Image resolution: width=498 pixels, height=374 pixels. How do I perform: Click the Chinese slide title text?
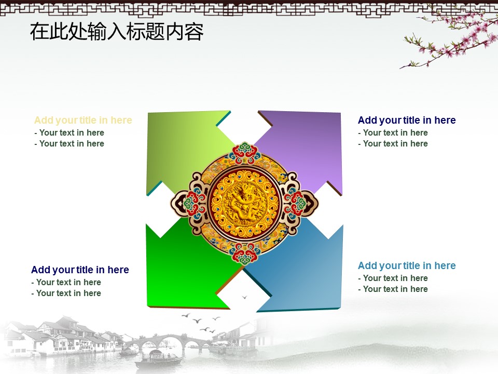[x=117, y=32]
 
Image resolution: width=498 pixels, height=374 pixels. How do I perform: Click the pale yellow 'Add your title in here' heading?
[x=83, y=120]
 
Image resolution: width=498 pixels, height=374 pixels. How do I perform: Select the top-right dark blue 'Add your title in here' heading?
[x=407, y=120]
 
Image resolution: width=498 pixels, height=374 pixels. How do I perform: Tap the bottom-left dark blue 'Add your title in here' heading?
[x=80, y=270]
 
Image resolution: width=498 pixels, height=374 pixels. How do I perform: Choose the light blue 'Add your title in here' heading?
[x=407, y=265]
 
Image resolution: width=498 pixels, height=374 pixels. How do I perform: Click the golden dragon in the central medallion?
[x=244, y=204]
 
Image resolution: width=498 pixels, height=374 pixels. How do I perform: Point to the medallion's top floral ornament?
[x=244, y=152]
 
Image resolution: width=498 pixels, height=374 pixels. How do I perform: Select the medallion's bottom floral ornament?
[x=244, y=253]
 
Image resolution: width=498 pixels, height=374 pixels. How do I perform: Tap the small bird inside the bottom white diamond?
[x=244, y=297]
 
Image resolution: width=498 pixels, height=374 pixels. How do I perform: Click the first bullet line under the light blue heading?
[x=393, y=278]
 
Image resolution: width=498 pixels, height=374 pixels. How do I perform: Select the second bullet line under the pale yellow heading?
[x=69, y=144]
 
